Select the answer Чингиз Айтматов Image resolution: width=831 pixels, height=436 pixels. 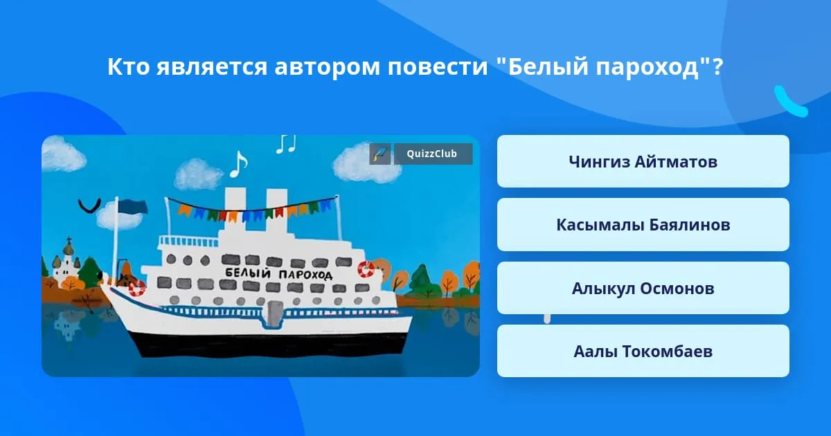pos(643,162)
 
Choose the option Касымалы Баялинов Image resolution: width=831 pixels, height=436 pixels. pos(643,225)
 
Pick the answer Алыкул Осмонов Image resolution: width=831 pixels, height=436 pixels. pos(643,288)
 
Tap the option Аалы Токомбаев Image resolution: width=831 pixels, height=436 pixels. pos(643,351)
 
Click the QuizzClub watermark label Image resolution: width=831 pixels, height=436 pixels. pos(433,154)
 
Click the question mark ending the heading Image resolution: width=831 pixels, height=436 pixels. pos(718,66)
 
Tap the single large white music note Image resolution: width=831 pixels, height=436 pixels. pos(238,164)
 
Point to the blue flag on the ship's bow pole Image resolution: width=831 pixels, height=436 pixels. pos(133,206)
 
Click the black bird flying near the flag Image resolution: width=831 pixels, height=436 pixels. pos(89,206)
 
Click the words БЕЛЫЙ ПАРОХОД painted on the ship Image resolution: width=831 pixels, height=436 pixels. pos(279,274)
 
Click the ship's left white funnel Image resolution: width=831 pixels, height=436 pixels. pos(235,207)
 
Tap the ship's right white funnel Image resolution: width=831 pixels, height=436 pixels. pos(277,209)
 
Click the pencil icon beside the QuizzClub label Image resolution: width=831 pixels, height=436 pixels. pos(380,154)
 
